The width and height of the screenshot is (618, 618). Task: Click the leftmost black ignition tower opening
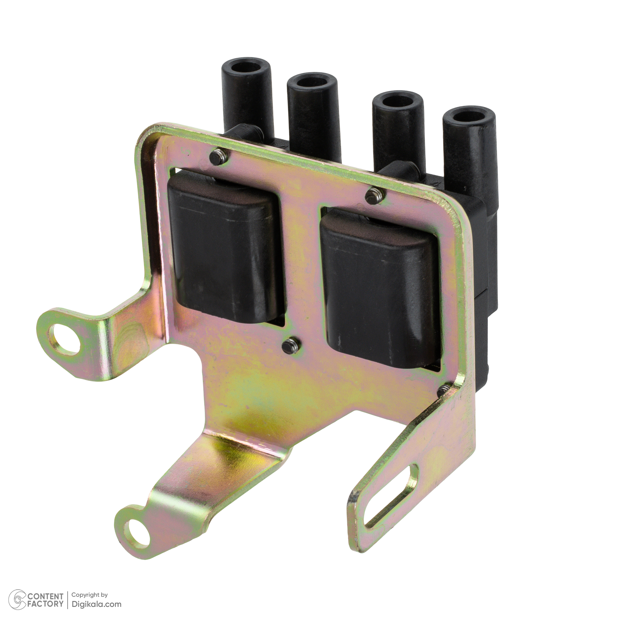click(x=245, y=67)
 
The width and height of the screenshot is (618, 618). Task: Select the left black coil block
click(x=225, y=248)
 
